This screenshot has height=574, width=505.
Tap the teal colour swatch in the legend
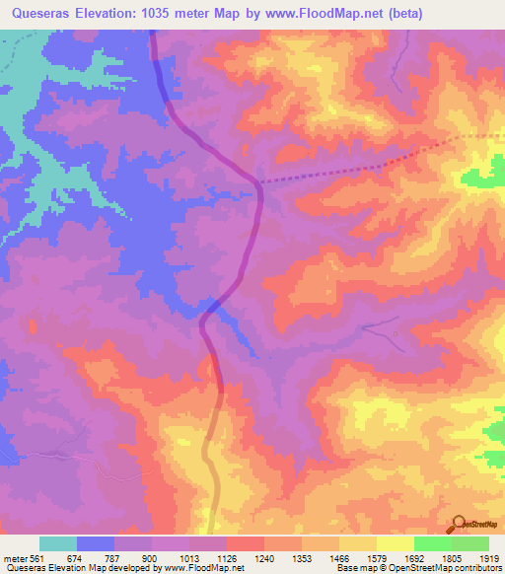point(58,543)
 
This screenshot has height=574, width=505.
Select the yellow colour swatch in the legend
point(396,543)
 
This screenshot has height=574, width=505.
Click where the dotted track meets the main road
point(258,182)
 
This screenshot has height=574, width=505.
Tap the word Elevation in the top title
point(109,13)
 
